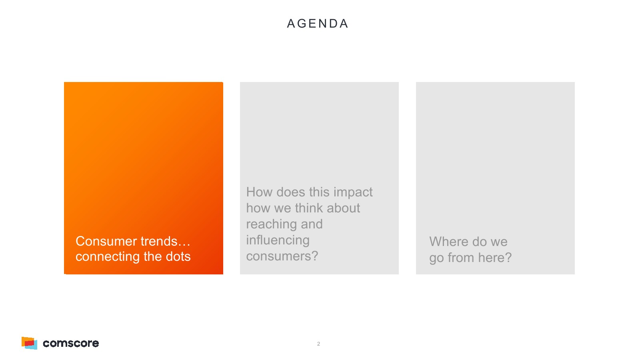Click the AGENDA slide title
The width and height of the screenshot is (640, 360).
(x=318, y=24)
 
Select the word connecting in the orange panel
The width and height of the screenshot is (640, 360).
(x=108, y=256)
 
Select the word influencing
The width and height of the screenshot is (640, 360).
(x=278, y=240)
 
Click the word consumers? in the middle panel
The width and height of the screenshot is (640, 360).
(x=282, y=256)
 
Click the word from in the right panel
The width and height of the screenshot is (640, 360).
(x=461, y=258)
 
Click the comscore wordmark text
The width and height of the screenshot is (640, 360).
(x=71, y=344)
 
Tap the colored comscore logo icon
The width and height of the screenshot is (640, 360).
(x=30, y=343)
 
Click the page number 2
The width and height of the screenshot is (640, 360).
(x=318, y=344)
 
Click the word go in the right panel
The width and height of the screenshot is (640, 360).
(x=436, y=258)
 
